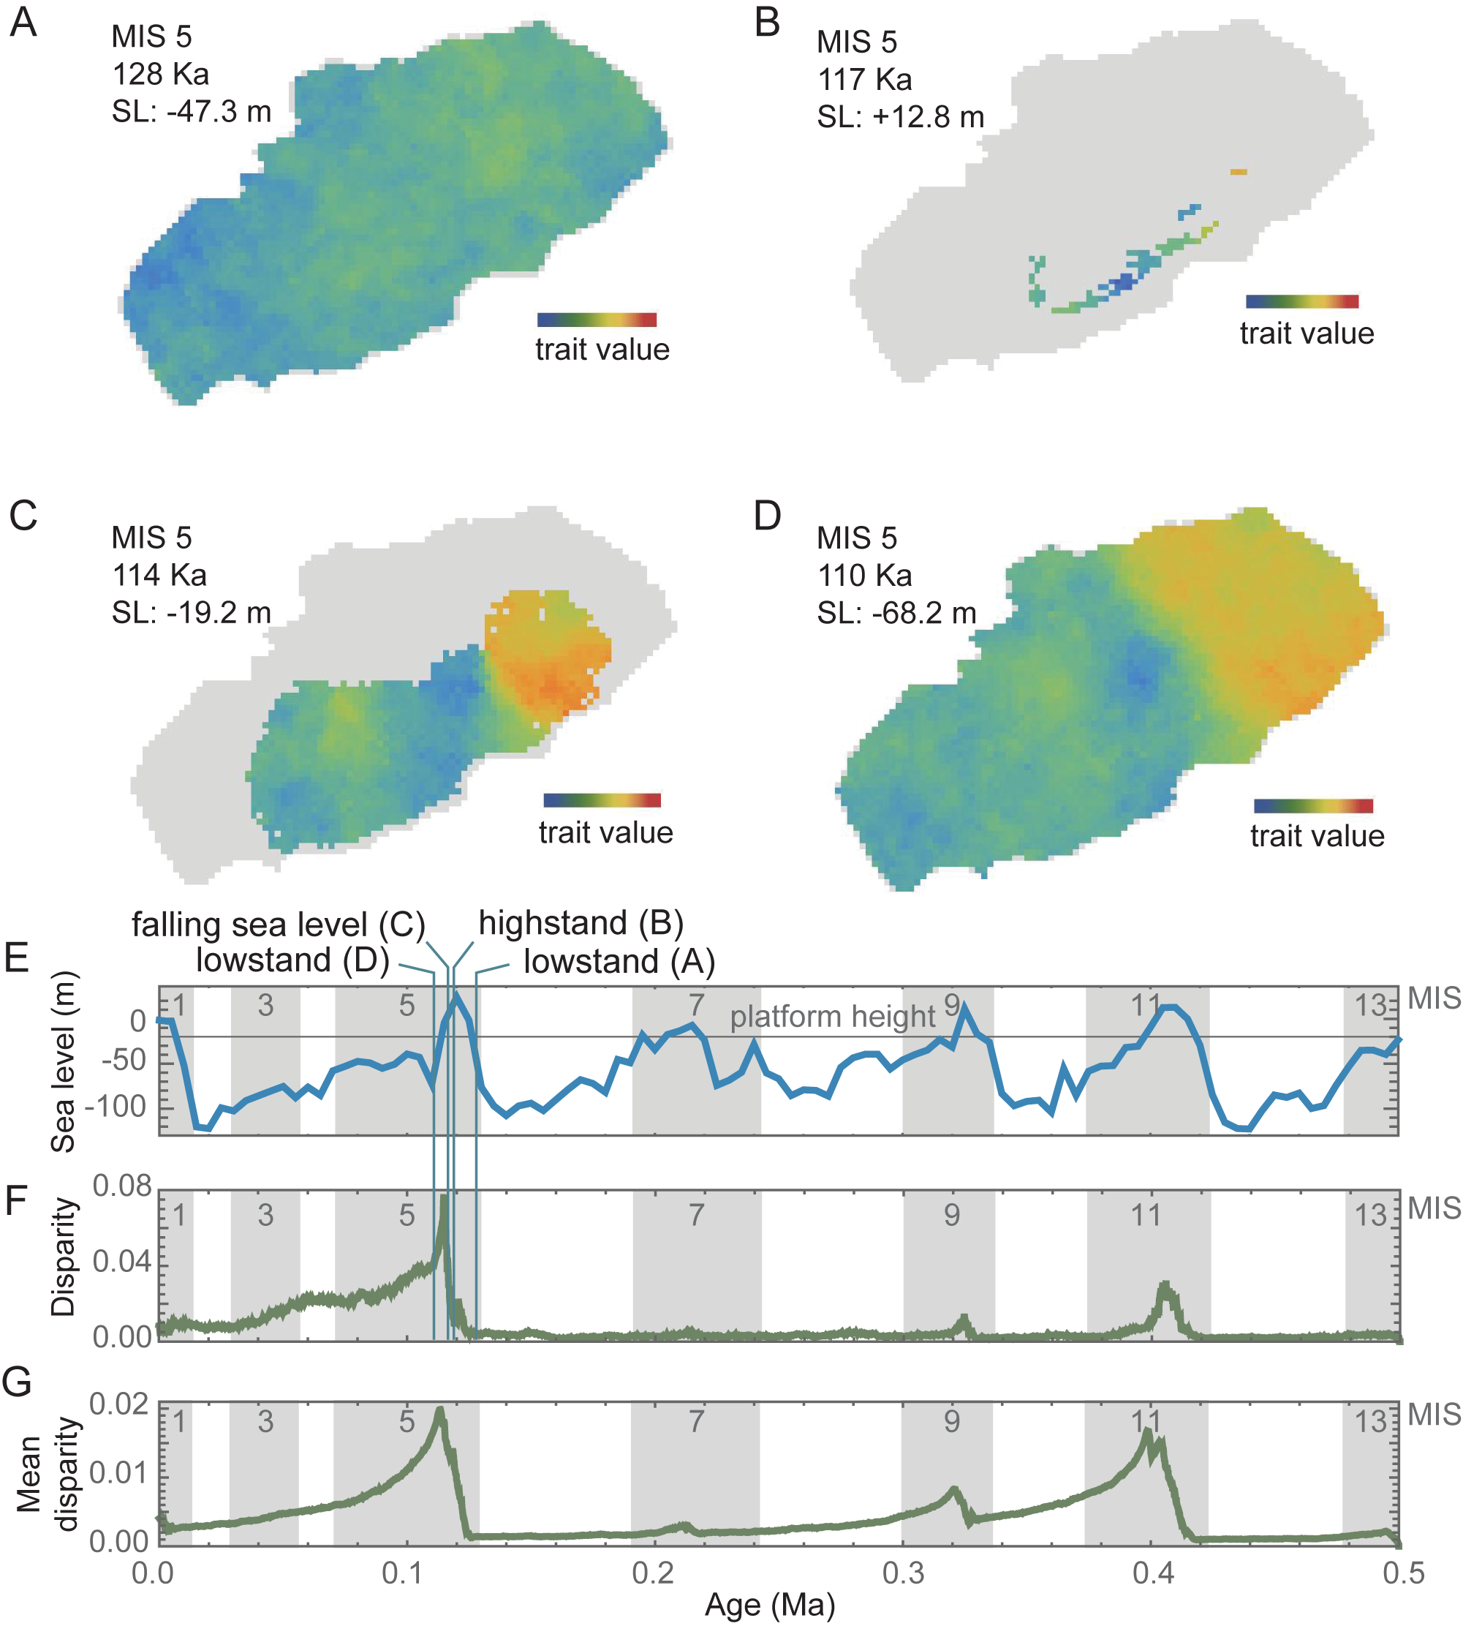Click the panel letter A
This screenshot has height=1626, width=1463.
pos(23,22)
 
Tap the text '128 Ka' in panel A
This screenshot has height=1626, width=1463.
pos(160,74)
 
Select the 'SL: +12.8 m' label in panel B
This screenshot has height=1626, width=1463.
pos(900,118)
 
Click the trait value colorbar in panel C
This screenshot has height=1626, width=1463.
pos(601,800)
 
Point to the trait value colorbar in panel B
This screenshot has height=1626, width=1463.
pos(1301,301)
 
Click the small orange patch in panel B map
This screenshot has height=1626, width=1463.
pos(1239,172)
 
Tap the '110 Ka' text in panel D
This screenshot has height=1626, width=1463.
pos(864,576)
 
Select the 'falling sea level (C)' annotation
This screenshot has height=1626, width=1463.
pos(278,925)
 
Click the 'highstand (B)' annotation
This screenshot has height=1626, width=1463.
pos(581,923)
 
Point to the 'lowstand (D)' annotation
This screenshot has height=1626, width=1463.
pos(292,960)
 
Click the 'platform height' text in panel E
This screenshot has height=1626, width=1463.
pos(832,1017)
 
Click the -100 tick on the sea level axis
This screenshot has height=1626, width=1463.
pos(118,1107)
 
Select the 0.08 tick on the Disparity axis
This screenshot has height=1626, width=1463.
pos(121,1186)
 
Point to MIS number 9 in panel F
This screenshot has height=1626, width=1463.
pos(952,1215)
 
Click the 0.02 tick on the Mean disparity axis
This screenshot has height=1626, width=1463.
pos(118,1405)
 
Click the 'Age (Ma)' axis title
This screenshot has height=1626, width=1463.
pos(769,1605)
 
